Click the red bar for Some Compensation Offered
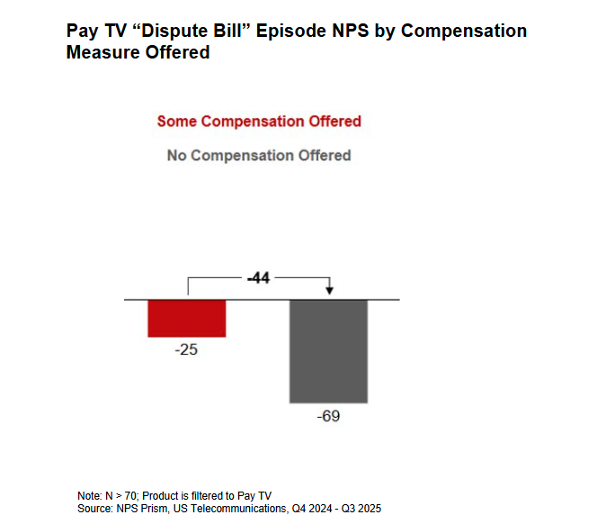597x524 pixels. click(186, 318)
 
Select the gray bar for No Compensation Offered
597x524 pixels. click(328, 350)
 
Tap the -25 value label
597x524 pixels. click(186, 349)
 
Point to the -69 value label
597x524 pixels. click(328, 418)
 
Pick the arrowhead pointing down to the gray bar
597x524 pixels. click(329, 290)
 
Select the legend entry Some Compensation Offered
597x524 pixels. click(259, 122)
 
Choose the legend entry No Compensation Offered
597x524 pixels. click(259, 156)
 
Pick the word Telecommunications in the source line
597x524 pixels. click(228, 509)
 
